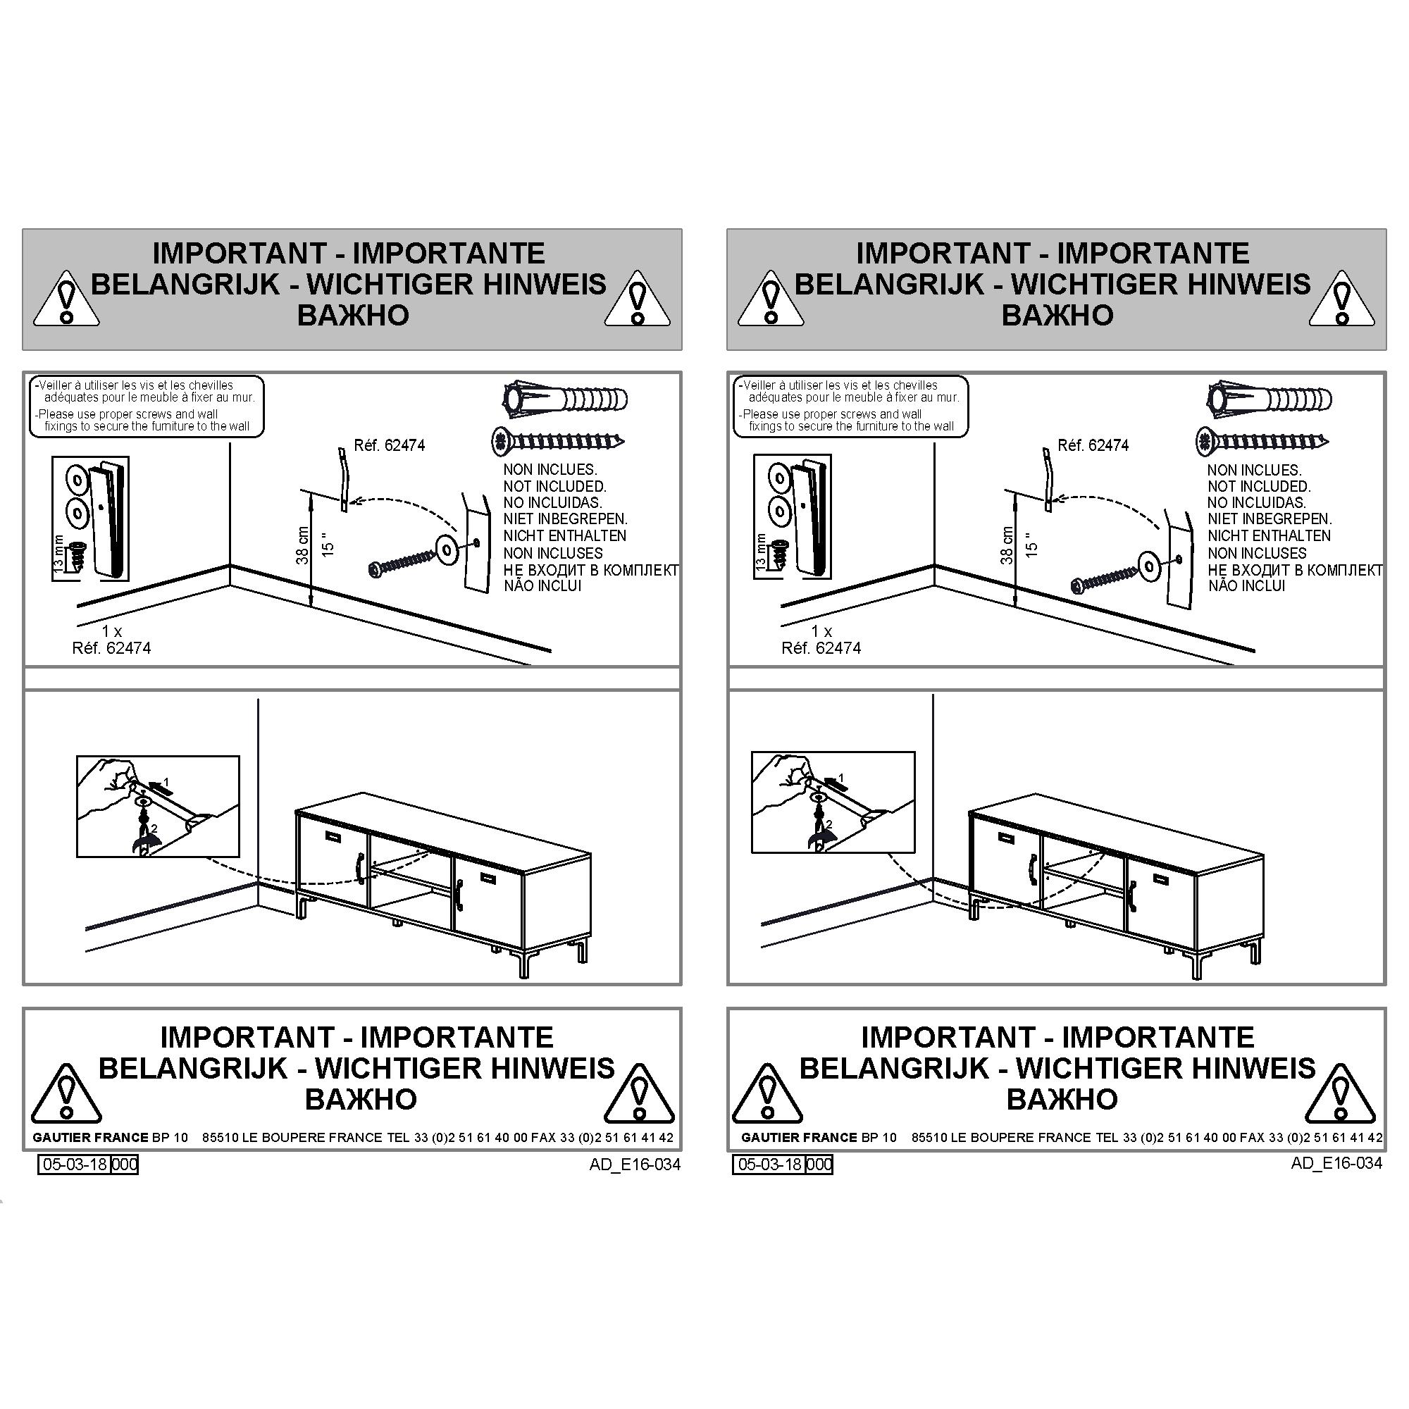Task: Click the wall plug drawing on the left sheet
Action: pos(565,399)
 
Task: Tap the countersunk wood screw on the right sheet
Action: pos(1262,441)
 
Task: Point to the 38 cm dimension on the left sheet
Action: pos(302,545)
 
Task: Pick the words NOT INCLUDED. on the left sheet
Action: pos(554,486)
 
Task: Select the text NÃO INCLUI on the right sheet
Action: pos(1246,585)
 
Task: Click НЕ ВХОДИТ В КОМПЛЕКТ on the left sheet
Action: pos(591,569)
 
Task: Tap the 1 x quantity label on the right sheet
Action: pos(821,631)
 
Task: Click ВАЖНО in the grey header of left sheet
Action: pos(353,315)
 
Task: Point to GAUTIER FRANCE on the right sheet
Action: pos(800,1137)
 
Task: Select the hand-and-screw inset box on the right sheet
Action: pos(833,802)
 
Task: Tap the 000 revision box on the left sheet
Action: pos(124,1164)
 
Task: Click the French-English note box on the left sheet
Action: pos(146,406)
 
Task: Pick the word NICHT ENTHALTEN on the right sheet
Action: pos(1269,536)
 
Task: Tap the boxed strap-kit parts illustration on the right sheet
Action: pos(792,516)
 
